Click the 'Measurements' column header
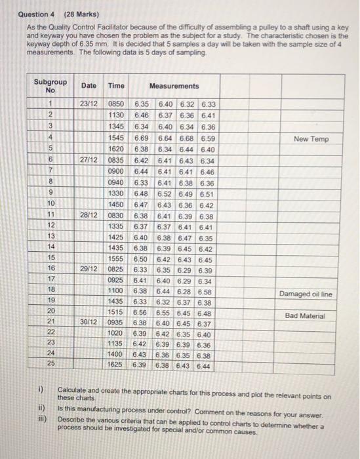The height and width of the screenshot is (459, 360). coord(174,86)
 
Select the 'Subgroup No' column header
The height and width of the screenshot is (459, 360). coord(50,86)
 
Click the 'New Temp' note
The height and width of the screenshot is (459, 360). coord(311,139)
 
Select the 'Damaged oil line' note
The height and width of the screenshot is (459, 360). coord(305,294)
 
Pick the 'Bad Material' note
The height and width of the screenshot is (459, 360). coord(305,316)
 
